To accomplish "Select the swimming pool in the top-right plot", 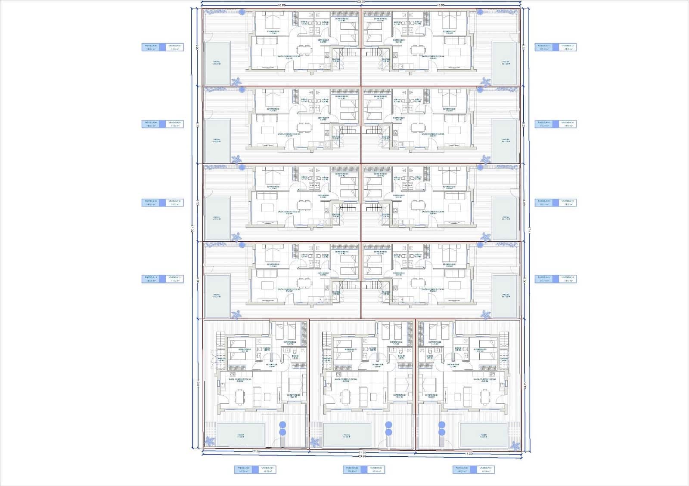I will (x=505, y=63).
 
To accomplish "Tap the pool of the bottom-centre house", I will (x=347, y=435).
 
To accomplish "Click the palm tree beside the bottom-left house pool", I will (x=211, y=441).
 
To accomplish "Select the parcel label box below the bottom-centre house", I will (x=363, y=470).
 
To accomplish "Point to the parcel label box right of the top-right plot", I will (x=556, y=47).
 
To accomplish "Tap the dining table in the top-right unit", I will (x=417, y=50).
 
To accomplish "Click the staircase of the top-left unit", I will (x=349, y=52).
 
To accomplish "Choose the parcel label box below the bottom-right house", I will (x=473, y=470).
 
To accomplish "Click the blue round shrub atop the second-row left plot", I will (x=242, y=89).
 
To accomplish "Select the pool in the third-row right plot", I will (x=505, y=218).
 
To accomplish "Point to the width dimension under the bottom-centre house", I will (x=363, y=452).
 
